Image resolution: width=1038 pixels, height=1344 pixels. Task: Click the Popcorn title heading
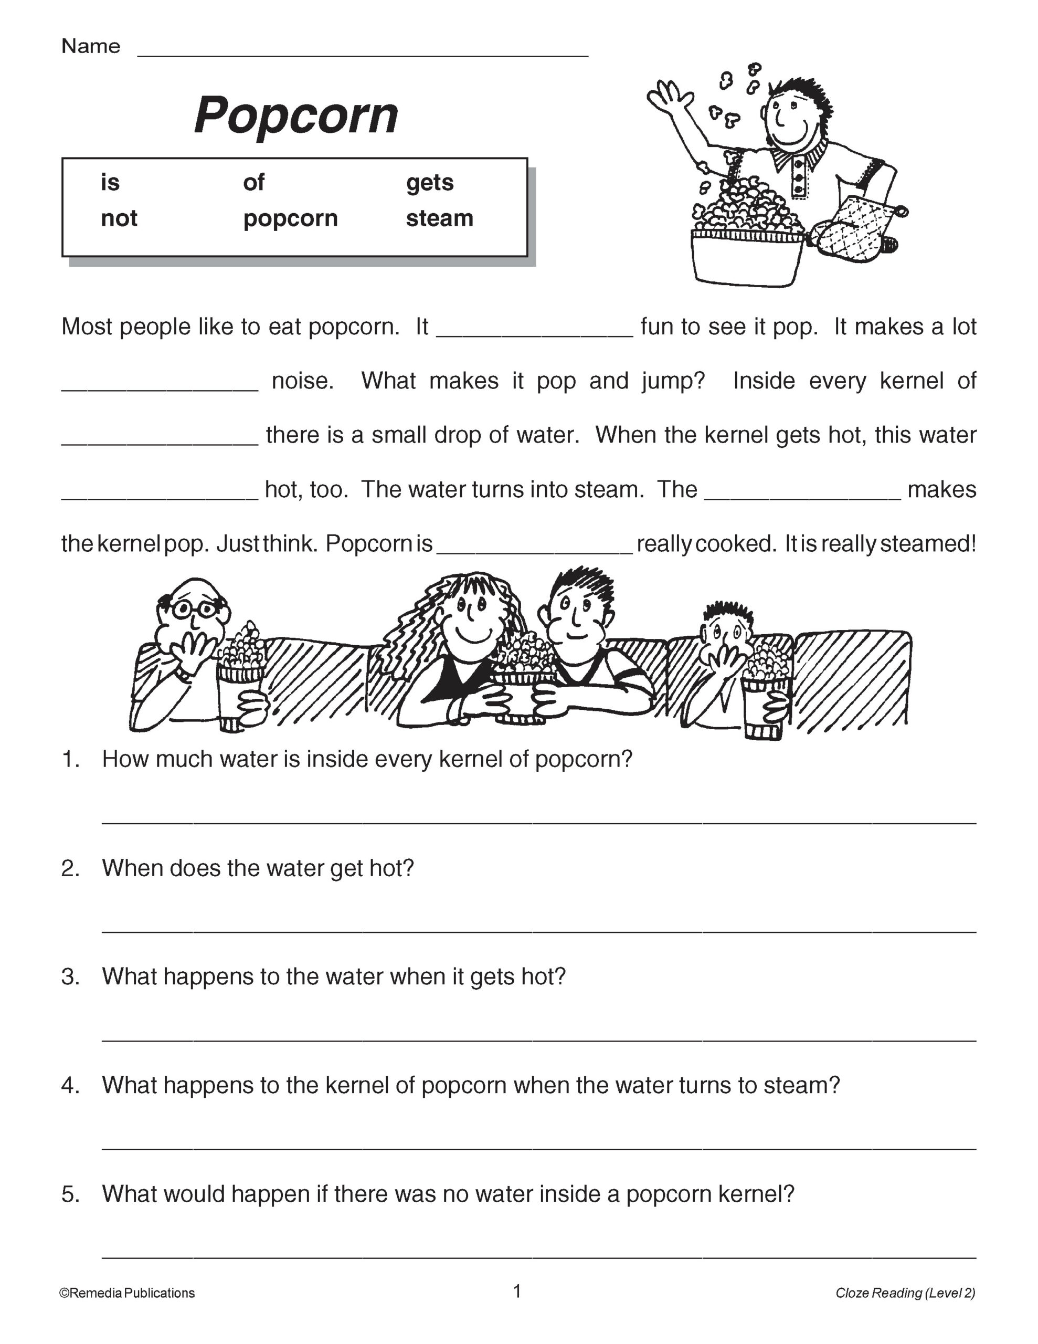[296, 115]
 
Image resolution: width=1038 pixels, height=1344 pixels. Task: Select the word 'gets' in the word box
[429, 182]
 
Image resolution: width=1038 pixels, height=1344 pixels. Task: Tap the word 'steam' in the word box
[439, 218]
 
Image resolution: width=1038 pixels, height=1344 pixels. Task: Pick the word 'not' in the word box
[119, 218]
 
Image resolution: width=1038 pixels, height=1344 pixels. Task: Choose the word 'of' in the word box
[253, 182]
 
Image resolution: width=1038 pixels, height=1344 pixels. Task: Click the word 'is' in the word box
[110, 182]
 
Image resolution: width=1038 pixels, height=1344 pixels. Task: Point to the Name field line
[363, 54]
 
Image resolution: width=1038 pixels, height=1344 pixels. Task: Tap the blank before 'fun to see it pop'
[534, 333]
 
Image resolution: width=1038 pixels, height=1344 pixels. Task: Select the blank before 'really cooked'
[534, 550]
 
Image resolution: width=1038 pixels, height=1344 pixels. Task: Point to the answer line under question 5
[538, 1256]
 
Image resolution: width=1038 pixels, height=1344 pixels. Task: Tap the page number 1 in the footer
[517, 1290]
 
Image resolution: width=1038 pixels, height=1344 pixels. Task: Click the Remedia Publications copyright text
[128, 1293]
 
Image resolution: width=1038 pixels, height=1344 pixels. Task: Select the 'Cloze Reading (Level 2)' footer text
[905, 1293]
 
